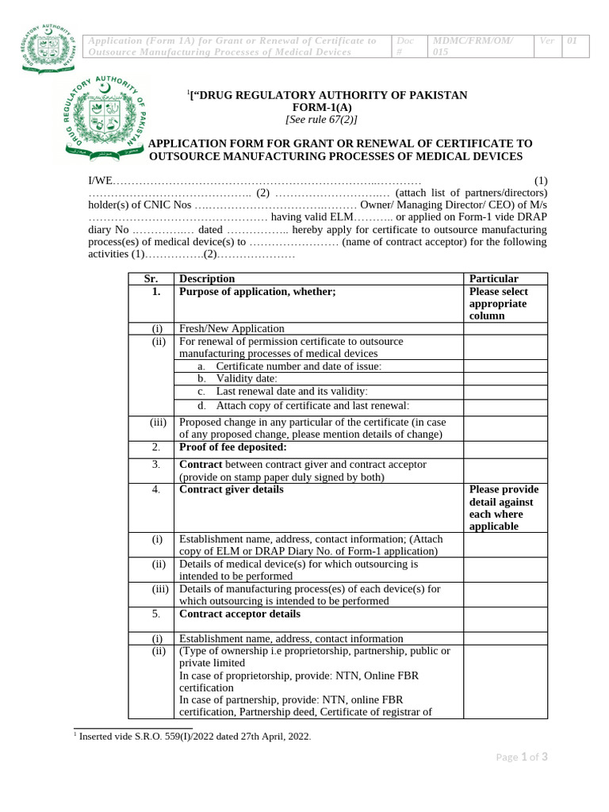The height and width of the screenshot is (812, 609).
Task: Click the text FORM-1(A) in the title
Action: tap(327, 108)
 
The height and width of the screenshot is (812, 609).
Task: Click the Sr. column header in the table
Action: tap(151, 278)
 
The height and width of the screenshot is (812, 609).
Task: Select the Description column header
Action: tap(207, 278)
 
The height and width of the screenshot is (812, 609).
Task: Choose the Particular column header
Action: tap(494, 278)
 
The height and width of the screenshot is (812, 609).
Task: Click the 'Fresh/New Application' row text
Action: tap(232, 328)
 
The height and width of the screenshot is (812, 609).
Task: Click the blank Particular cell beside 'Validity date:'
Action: tap(505, 379)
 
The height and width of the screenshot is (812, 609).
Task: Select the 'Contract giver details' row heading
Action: tap(232, 489)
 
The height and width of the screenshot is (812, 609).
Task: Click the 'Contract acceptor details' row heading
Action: tap(239, 614)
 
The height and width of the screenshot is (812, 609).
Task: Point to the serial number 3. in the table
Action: tap(156, 464)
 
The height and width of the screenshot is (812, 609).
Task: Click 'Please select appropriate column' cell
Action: tap(499, 304)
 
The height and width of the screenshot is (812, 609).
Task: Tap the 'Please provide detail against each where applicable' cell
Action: tap(504, 507)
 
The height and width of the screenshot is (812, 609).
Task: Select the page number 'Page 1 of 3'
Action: tap(522, 757)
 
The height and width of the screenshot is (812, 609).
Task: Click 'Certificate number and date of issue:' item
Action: tap(299, 366)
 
